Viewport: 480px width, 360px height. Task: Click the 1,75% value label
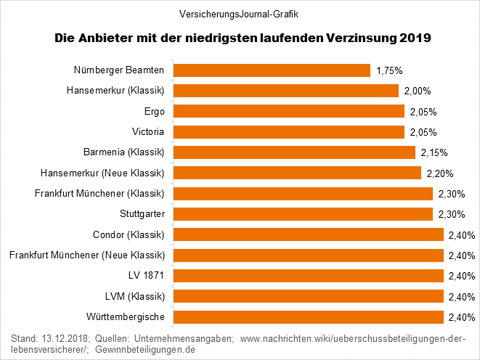pos(389,70)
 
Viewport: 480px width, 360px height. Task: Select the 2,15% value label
pos(434,152)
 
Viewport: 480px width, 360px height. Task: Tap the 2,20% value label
pos(436,173)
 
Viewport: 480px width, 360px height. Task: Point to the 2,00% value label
pos(418,91)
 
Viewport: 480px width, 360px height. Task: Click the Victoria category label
pos(148,132)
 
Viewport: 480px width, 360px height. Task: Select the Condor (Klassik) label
pos(129,235)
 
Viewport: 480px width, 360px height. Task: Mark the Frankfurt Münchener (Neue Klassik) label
pos(87,255)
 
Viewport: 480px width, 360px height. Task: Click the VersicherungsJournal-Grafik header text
pos(239,13)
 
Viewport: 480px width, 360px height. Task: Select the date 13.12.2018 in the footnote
pos(64,338)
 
